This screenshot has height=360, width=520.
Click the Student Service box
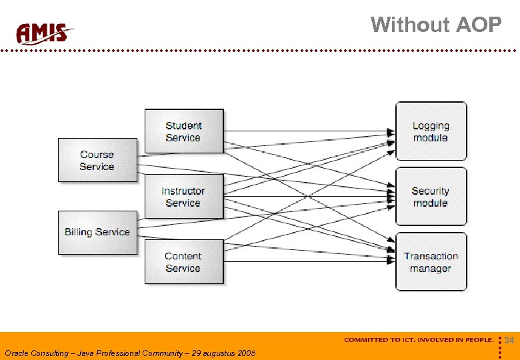click(x=184, y=131)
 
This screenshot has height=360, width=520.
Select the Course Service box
click(x=97, y=160)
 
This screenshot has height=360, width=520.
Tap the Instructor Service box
click(x=183, y=197)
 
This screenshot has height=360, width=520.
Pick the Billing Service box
click(x=97, y=232)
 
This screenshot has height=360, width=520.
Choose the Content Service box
click(x=183, y=262)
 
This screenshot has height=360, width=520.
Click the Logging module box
click(x=431, y=131)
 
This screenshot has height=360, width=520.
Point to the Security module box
click(x=431, y=197)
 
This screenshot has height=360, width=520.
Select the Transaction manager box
click(x=431, y=262)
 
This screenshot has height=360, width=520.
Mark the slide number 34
click(x=509, y=341)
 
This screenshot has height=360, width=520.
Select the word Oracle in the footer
click(x=17, y=353)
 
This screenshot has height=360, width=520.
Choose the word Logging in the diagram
click(x=431, y=125)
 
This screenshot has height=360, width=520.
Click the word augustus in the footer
click(x=213, y=353)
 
